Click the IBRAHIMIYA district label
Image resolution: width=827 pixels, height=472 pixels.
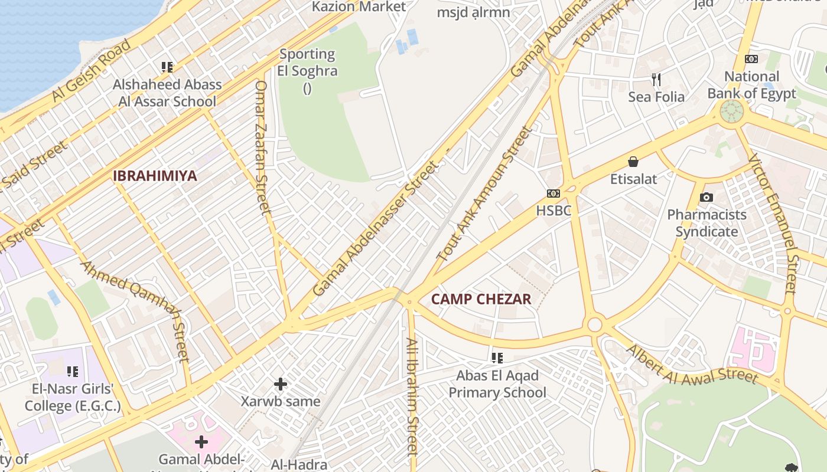coord(155,176)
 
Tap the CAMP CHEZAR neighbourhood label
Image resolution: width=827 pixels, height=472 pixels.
coord(481,299)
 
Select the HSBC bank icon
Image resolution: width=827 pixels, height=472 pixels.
coord(553,194)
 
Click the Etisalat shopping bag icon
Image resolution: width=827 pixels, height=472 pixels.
coord(633,162)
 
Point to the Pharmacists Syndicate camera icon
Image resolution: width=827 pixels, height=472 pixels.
coord(706,198)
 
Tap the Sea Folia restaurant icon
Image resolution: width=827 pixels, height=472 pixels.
coord(656,79)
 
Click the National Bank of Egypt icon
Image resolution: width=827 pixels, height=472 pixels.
coord(751,59)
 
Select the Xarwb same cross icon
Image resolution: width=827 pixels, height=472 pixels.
coord(281,385)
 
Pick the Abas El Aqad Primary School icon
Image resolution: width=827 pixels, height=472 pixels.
coord(497,358)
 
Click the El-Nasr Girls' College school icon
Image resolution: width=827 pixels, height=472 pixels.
coord(73,372)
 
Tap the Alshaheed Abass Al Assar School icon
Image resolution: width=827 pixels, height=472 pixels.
coord(167,67)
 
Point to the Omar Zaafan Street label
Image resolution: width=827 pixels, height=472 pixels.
coord(262,147)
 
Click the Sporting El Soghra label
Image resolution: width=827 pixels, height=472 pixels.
coord(307,63)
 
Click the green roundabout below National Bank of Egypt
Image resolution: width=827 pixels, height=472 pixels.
coord(731,111)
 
